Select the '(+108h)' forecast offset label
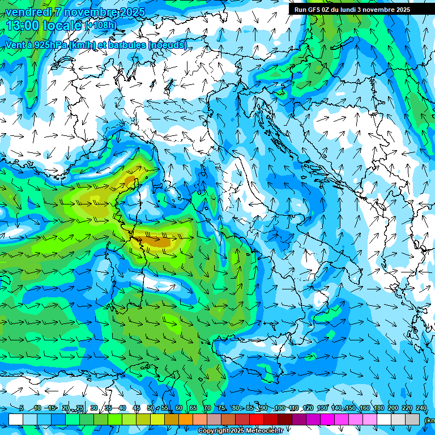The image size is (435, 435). (100, 25)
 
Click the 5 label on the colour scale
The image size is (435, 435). (21, 408)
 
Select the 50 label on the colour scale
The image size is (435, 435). (150, 408)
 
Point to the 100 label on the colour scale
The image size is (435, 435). (279, 408)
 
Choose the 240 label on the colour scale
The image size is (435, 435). (421, 408)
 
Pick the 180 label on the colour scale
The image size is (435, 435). (378, 408)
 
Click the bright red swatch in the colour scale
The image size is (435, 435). (257, 419)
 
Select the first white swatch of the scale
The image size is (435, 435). (16, 419)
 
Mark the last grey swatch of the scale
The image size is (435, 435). (412, 419)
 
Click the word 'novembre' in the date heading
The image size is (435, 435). (89, 12)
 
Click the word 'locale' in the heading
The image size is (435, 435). (63, 25)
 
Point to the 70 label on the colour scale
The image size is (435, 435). (207, 408)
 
